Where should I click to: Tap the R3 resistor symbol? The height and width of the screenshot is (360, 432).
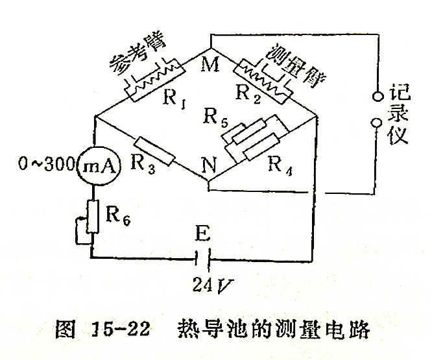(x=154, y=150)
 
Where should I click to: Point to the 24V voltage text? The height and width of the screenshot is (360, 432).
(x=206, y=283)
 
